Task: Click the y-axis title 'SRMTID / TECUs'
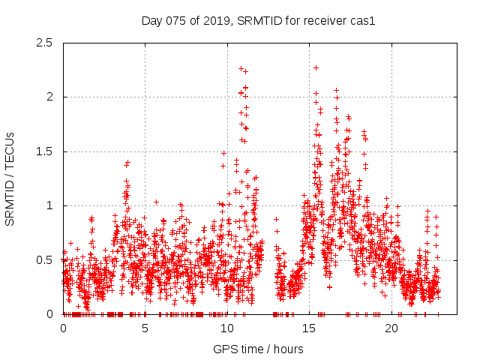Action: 10,178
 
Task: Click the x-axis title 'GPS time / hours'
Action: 258,349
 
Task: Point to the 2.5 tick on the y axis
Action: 48,43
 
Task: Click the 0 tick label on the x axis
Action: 63,328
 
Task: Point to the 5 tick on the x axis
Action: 145,328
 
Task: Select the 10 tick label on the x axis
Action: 227,328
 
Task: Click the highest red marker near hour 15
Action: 316,67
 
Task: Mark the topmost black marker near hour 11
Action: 241,68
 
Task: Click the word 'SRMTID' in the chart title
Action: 259,21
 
